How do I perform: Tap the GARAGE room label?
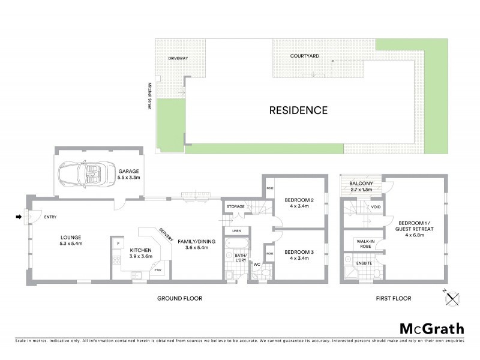point(128,171)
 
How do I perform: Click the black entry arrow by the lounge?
point(19,217)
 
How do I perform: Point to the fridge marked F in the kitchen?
point(118,244)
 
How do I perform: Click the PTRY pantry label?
point(158,270)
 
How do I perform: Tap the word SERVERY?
point(166,234)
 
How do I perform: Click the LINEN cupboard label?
point(236,230)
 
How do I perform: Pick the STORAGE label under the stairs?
point(235,207)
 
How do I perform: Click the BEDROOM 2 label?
point(299,200)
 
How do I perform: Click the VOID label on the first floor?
point(376,207)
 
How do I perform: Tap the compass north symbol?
point(454,296)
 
